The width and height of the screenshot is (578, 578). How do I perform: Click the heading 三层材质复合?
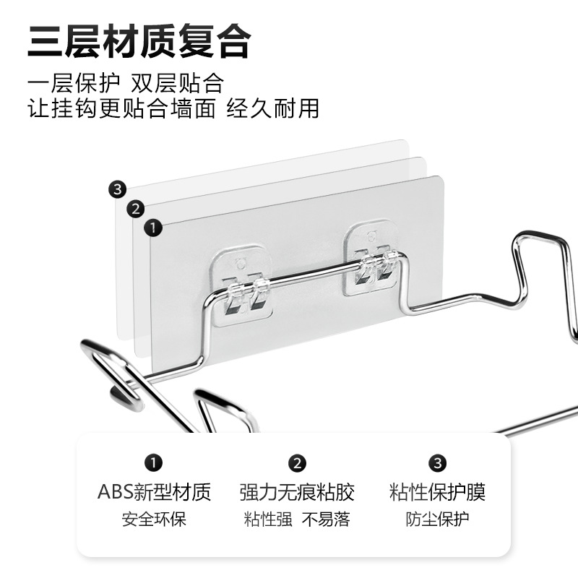[x=139, y=42]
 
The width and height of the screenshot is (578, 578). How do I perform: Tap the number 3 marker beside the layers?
[x=119, y=190]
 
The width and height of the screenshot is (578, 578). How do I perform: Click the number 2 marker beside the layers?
[x=135, y=210]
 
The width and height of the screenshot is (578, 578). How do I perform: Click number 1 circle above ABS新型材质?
[x=154, y=463]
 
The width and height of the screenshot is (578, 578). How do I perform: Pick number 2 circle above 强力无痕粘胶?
[x=297, y=463]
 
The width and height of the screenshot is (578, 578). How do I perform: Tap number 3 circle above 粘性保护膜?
[x=437, y=463]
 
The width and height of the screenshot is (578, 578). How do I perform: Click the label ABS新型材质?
[x=154, y=493]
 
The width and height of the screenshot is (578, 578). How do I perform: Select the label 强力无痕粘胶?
[x=297, y=493]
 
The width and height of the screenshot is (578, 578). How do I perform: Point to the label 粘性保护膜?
[x=437, y=493]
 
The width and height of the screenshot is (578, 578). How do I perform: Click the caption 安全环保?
[x=154, y=519]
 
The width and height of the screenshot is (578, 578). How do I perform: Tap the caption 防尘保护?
[x=437, y=519]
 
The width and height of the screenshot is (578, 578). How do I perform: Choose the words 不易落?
[x=326, y=519]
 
